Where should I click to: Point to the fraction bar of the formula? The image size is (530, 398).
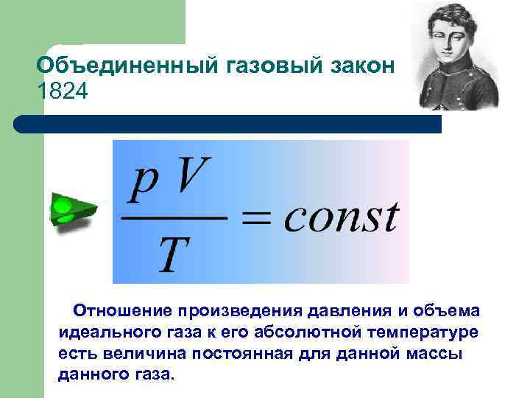click(174, 219)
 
